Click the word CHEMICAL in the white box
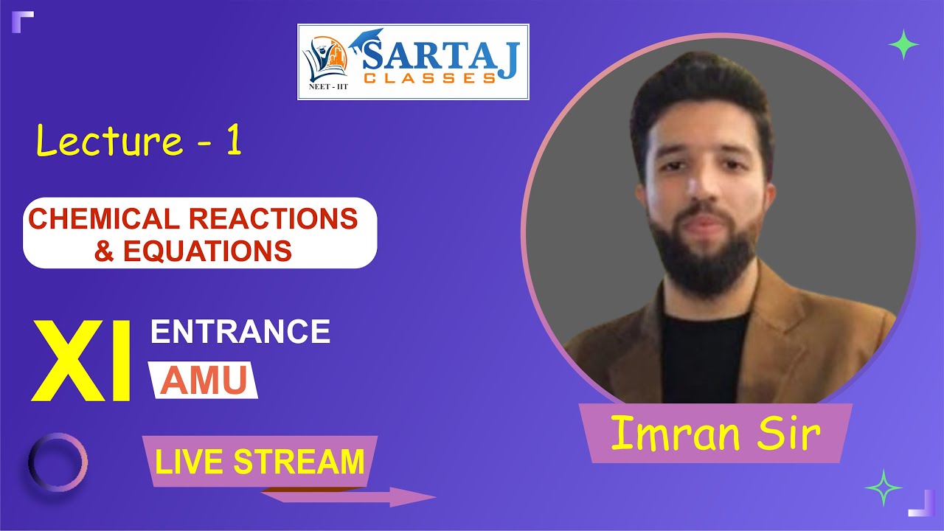pos(105,219)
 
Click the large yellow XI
pos(81,361)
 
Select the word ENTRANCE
pos(240,332)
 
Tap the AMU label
pos(204,381)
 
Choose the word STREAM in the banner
pos(299,462)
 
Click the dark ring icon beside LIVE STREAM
pos(58,462)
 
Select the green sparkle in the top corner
pos(903,46)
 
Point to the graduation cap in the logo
pos(367,37)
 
